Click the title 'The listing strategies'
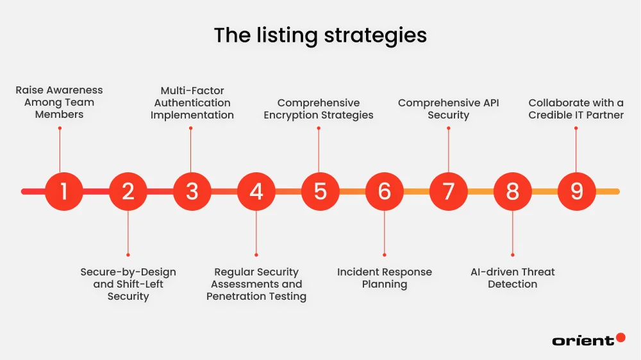click(320, 35)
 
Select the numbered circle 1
click(64, 191)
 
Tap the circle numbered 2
click(128, 191)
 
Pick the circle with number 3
click(192, 191)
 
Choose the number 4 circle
click(256, 191)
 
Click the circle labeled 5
click(320, 191)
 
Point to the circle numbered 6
click(385, 191)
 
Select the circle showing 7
click(449, 191)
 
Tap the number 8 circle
click(513, 191)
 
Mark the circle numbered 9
click(577, 191)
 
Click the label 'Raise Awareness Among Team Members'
click(59, 102)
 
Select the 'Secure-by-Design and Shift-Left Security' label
click(128, 284)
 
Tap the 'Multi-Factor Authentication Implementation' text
click(192, 102)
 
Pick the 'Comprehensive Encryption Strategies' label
click(319, 109)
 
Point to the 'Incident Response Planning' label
click(385, 278)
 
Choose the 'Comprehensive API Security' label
click(449, 109)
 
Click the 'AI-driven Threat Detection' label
click(513, 278)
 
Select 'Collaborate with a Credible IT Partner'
click(576, 109)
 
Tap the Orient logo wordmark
click(583, 341)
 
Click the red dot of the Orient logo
click(620, 337)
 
